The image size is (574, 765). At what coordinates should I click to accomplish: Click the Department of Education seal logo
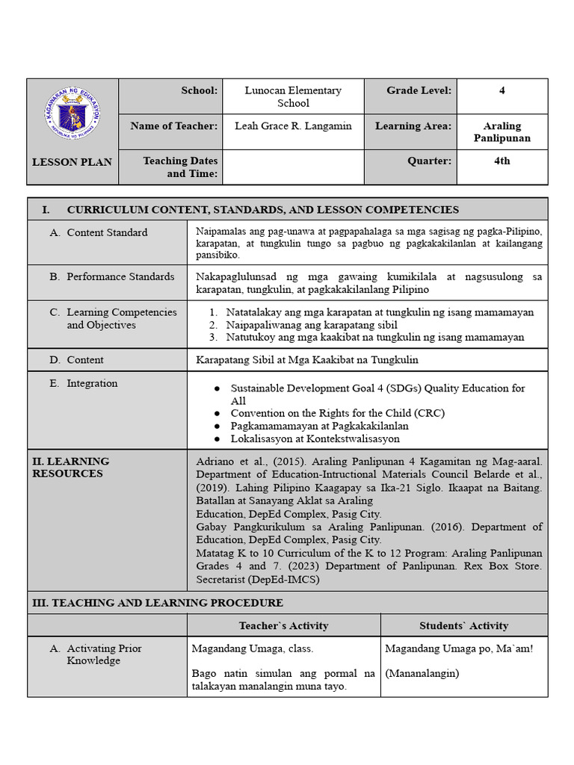(x=72, y=114)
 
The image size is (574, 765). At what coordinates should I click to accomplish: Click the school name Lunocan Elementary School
(x=293, y=96)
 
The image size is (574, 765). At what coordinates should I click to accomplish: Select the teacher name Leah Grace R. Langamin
(x=293, y=126)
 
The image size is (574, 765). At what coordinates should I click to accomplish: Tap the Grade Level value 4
(x=502, y=90)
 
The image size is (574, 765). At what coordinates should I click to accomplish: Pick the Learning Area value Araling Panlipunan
(x=502, y=131)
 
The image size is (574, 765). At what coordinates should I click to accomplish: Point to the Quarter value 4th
(x=502, y=161)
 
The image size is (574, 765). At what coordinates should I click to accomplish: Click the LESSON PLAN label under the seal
(x=72, y=161)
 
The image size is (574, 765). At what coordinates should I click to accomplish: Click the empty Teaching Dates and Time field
(x=293, y=167)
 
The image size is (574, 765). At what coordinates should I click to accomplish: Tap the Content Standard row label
(x=107, y=232)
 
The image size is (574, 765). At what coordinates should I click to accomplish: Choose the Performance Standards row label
(x=120, y=276)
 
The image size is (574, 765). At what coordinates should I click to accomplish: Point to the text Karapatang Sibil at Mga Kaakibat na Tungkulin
(x=307, y=359)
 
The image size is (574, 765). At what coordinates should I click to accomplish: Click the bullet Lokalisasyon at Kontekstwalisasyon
(x=315, y=439)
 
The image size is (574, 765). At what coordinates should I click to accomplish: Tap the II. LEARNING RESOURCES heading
(x=71, y=467)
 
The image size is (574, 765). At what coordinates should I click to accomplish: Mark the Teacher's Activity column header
(x=283, y=625)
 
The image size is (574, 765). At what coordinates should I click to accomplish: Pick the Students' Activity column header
(x=463, y=625)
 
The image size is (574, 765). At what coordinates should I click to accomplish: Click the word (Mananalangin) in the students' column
(x=422, y=673)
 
